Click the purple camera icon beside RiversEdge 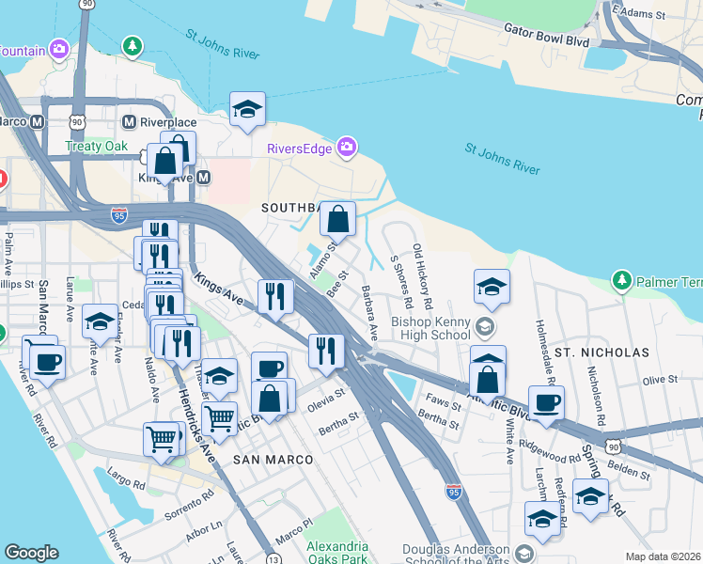(x=347, y=147)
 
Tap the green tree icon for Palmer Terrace (x=620, y=281)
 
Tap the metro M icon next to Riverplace (x=130, y=121)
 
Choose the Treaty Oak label (x=96, y=146)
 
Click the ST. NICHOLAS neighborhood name (x=601, y=352)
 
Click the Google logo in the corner (x=31, y=553)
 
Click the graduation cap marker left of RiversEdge (x=247, y=110)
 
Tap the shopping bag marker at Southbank (x=337, y=220)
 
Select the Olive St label (x=660, y=380)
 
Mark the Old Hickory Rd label (x=422, y=277)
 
